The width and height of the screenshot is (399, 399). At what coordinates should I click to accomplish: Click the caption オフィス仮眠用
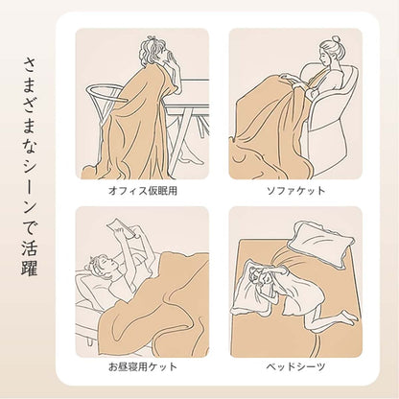[x=143, y=191]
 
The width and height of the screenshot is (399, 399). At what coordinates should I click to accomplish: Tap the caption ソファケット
[x=295, y=191]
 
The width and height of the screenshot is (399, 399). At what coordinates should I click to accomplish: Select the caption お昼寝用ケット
[x=143, y=366]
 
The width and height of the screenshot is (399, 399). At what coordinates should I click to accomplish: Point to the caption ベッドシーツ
[x=295, y=366]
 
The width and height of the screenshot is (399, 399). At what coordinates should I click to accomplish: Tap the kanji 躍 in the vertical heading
[x=30, y=267]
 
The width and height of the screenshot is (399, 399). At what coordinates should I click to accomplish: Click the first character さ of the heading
[x=30, y=66]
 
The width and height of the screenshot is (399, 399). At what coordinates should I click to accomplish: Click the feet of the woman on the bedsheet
[x=348, y=317]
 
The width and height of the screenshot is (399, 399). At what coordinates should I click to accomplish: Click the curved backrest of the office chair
[x=103, y=93]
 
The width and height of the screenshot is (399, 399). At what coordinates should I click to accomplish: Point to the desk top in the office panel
[x=189, y=94]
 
